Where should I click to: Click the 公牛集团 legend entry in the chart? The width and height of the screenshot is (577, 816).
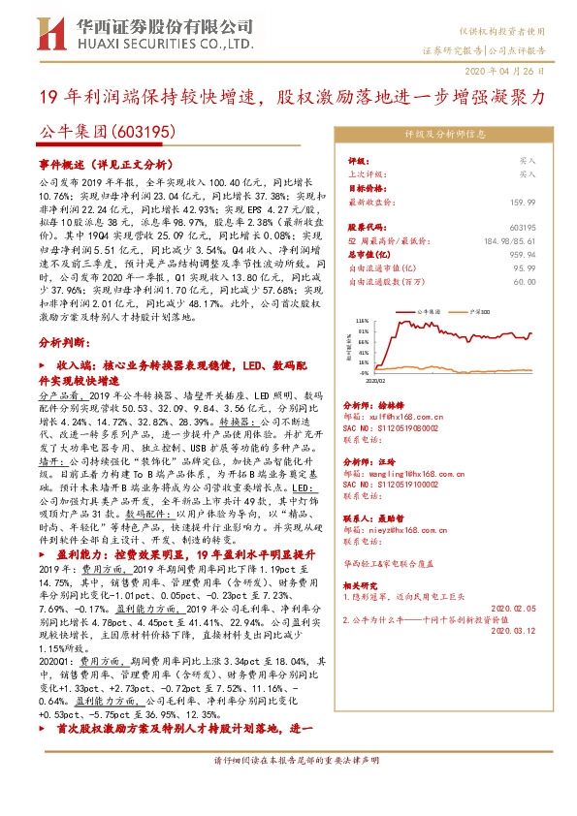click(429, 311)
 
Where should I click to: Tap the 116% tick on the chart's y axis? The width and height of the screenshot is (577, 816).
click(362, 319)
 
